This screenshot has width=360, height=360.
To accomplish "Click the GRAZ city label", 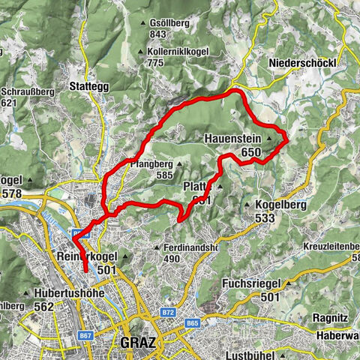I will point(138,343).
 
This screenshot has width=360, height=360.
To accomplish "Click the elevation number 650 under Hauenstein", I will point(250,152).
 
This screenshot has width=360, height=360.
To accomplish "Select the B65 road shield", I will point(193,323).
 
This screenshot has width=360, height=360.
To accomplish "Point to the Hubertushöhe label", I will point(68,293).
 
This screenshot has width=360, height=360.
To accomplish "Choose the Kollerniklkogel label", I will point(177,51).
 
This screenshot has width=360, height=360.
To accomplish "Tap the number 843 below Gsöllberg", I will point(158,34).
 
